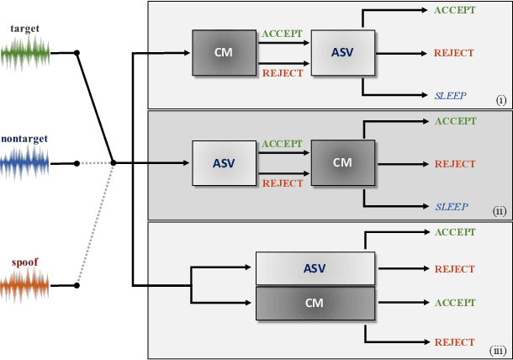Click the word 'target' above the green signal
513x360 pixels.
[x=24, y=29]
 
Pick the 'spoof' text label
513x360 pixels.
[x=24, y=262]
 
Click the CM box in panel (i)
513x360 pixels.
[x=223, y=53]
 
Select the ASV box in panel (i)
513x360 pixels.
[x=342, y=53]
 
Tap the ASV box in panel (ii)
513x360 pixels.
[x=223, y=161]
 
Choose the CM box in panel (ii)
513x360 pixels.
[x=342, y=161]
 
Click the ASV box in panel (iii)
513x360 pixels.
[x=314, y=268]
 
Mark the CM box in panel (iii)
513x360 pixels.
[x=314, y=302]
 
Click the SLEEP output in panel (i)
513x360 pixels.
[x=452, y=95]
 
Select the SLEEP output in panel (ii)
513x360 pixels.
[x=452, y=206]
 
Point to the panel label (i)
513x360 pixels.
[x=500, y=99]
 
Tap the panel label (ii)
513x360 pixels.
[x=500, y=210]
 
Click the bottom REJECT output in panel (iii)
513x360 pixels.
[x=455, y=342]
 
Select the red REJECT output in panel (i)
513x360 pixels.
[x=455, y=53]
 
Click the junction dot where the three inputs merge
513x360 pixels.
[x=114, y=162]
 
